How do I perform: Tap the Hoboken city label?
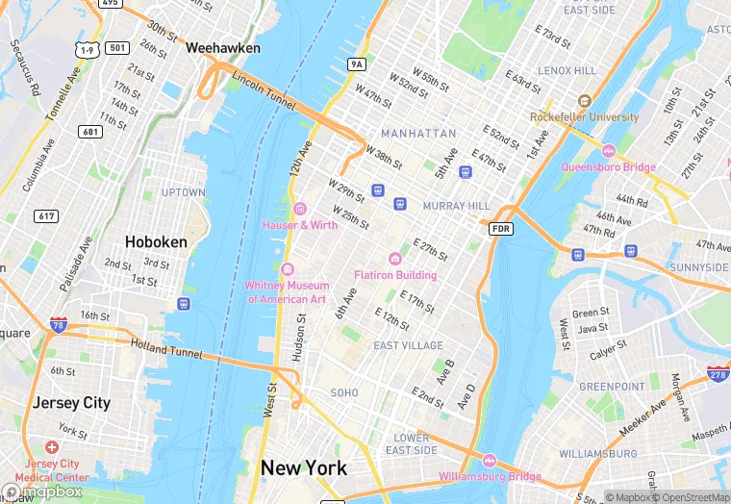coord(156,242)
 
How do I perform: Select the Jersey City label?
coord(71,402)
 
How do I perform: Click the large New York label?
coord(304,468)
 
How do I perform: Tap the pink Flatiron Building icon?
coord(394,258)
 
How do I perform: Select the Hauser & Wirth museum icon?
coord(299,209)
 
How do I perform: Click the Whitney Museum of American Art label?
coord(287,291)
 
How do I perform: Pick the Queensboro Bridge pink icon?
coord(608,151)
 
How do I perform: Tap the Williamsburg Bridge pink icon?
coord(490,461)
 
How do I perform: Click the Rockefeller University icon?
coord(583,101)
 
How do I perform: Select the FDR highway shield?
coord(500,228)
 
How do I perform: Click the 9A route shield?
coord(358,64)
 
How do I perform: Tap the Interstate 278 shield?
coord(717,373)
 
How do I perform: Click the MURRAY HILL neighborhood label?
coord(457,206)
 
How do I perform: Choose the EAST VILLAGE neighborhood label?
coord(408,345)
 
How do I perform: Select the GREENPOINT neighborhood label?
coord(612,387)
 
